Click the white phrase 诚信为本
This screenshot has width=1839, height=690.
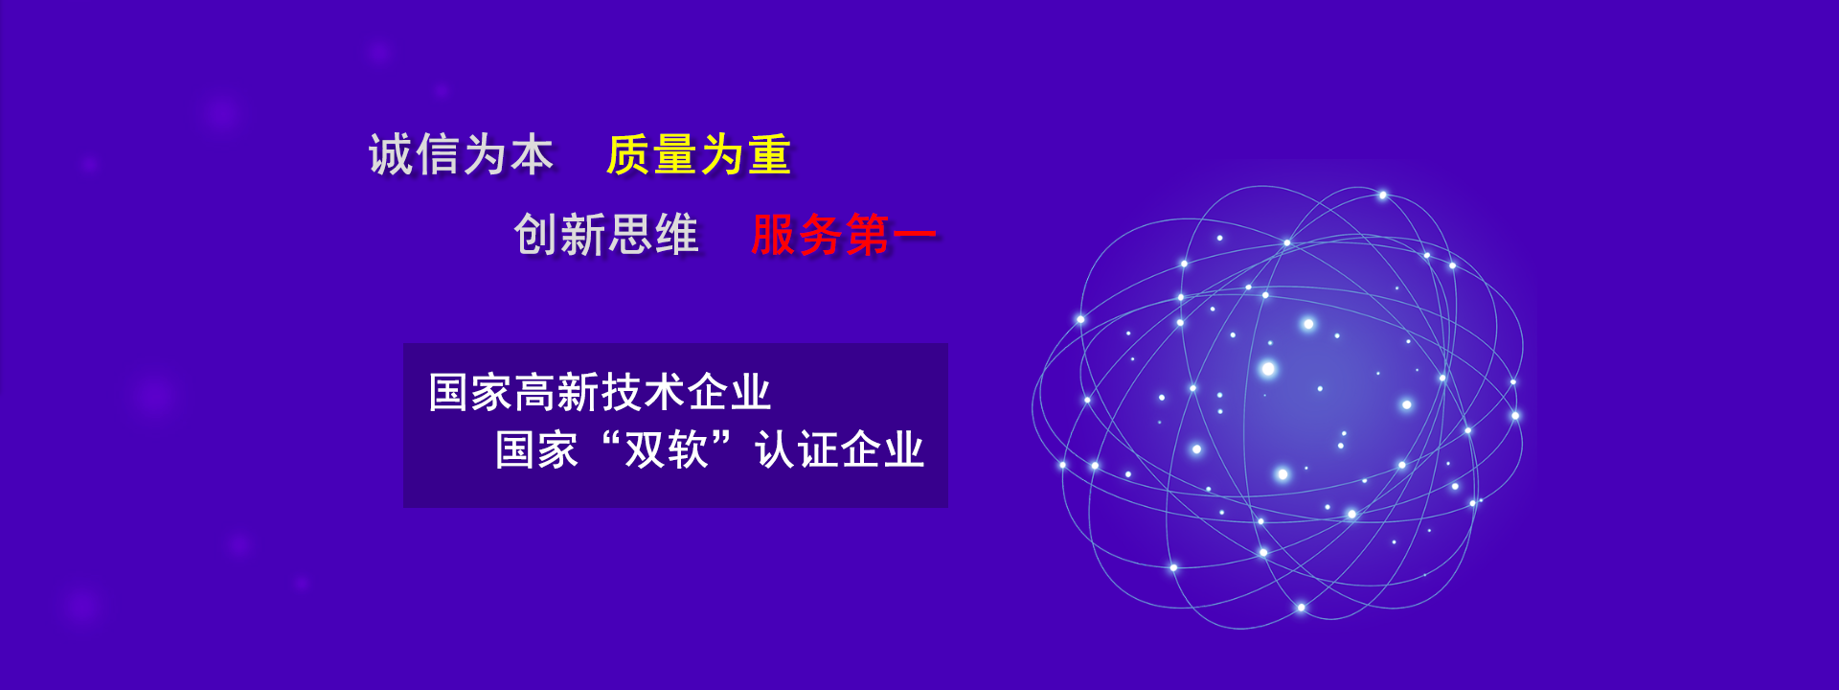(x=461, y=154)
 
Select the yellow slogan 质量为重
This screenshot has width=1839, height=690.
(x=699, y=154)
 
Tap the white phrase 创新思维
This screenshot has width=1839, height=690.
(x=606, y=235)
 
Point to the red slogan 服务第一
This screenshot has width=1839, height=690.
(x=844, y=235)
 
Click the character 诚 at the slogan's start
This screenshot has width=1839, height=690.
(x=391, y=154)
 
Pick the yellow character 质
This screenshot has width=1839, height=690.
(x=629, y=154)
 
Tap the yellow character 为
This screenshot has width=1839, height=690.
(x=723, y=154)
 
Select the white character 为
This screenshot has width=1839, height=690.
(x=485, y=154)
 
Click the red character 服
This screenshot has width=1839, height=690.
(x=774, y=235)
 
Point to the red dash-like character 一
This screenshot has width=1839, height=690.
(x=915, y=235)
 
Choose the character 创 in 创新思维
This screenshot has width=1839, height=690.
(x=536, y=235)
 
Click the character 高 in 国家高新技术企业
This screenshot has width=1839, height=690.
(x=536, y=392)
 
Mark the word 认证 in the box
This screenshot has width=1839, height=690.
(x=797, y=448)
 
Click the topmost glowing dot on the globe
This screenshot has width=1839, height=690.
(x=1382, y=195)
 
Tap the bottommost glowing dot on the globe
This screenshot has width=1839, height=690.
(x=1301, y=608)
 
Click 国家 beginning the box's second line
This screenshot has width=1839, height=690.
(x=536, y=448)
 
